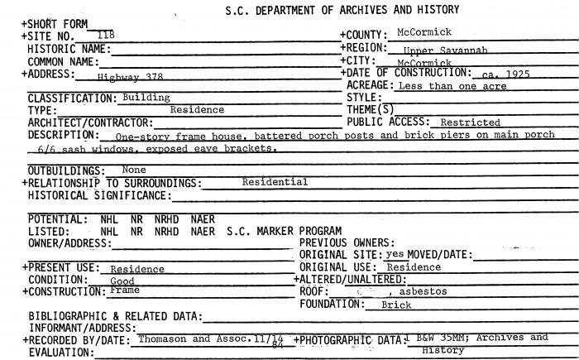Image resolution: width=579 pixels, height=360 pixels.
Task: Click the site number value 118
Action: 105,35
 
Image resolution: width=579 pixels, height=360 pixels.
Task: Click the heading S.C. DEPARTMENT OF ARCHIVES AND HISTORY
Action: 342,10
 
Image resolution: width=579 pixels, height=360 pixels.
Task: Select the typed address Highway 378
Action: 123,76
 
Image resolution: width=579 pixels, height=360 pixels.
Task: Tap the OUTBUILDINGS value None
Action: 134,170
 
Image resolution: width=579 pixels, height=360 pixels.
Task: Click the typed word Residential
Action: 275,182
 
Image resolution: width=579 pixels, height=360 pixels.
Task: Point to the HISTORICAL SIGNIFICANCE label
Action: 98,195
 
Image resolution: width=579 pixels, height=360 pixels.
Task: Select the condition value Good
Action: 122,281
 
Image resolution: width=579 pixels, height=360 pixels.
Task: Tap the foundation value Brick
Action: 396,305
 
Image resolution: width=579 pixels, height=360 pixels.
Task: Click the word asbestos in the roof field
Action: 425,292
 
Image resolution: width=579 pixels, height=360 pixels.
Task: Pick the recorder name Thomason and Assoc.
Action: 194,338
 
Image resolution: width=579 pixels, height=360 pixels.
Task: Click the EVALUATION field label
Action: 60,352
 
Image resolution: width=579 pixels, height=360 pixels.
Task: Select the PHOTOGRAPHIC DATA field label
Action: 348,339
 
